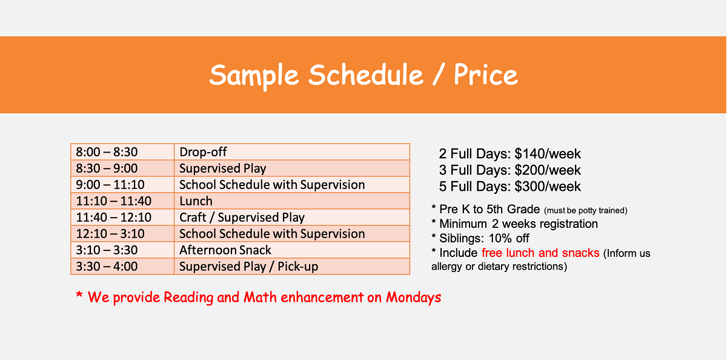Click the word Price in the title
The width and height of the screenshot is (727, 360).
tap(485, 75)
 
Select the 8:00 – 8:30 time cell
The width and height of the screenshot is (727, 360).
tap(122, 152)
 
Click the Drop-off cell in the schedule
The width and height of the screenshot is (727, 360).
tap(292, 152)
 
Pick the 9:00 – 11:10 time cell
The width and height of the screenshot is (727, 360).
tap(122, 184)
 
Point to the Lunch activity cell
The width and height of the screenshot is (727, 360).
tap(292, 201)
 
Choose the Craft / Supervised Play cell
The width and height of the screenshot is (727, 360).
tap(292, 217)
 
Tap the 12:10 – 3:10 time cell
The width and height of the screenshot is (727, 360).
tap(122, 234)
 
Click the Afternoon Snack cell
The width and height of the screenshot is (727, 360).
tap(292, 250)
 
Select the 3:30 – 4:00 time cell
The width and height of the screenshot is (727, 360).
tap(122, 266)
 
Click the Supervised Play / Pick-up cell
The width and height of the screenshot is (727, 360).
tap(292, 266)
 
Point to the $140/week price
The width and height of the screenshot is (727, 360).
tap(548, 154)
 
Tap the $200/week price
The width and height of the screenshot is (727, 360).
tap(548, 170)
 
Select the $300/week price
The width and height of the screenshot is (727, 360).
tap(548, 187)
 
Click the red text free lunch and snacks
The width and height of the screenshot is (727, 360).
tap(540, 253)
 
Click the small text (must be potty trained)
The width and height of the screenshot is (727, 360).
tap(586, 211)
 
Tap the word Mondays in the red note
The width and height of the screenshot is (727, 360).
tap(413, 298)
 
